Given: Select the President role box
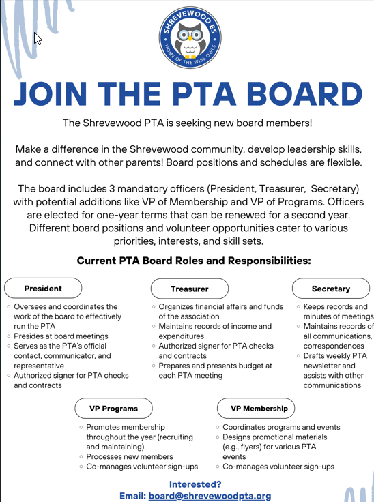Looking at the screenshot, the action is tap(43, 288).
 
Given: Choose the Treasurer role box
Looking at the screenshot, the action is tap(190, 289).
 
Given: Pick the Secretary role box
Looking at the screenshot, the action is tap(330, 289).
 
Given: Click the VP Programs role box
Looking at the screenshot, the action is tap(113, 409).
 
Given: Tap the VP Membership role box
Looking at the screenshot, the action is tap(255, 408).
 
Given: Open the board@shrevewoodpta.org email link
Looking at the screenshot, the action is tap(210, 496).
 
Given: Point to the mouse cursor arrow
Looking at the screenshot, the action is tap(38, 38).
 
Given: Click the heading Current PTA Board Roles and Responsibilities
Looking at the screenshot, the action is tap(194, 261).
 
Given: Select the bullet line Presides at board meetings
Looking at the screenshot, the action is tap(61, 336).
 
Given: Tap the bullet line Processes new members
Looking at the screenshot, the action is tap(129, 456).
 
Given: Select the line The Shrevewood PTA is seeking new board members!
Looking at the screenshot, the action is tap(187, 123).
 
